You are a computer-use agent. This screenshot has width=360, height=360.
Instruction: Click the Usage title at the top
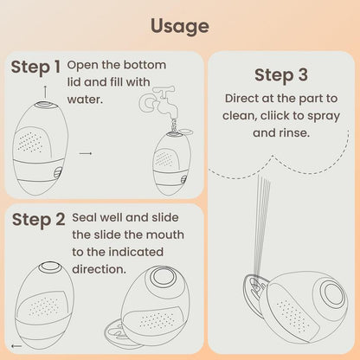pyautogui.click(x=179, y=25)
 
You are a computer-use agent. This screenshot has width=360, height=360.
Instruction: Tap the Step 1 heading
pyautogui.click(x=35, y=67)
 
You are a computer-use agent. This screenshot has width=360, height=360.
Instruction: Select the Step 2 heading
pyautogui.click(x=38, y=220)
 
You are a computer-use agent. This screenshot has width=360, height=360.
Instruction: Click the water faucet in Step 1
pyautogui.click(x=164, y=102)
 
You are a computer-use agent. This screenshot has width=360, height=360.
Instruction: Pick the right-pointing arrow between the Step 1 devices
pyautogui.click(x=85, y=154)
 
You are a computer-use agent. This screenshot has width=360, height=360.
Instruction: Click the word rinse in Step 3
pyautogui.click(x=292, y=134)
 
